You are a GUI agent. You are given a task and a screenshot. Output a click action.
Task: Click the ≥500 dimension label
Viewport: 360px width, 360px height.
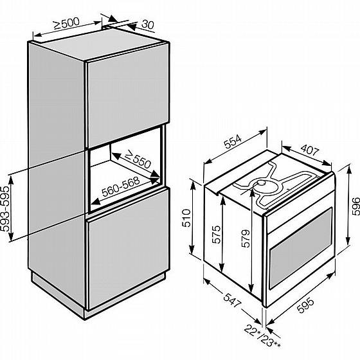(x=66, y=23)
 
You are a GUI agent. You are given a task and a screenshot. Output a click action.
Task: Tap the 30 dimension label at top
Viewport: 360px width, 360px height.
(x=148, y=24)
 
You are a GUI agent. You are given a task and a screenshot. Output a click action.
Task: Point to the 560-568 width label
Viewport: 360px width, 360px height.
(x=121, y=187)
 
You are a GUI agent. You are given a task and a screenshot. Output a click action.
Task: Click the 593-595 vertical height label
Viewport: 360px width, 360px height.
(x=6, y=208)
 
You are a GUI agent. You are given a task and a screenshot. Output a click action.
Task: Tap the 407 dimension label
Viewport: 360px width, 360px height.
(x=310, y=150)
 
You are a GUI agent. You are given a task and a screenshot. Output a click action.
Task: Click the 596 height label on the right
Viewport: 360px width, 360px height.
(x=355, y=206)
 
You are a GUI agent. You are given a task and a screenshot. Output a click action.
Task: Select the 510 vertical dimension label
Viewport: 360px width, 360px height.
(x=186, y=218)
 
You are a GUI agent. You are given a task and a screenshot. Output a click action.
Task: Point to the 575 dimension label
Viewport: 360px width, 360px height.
(x=216, y=235)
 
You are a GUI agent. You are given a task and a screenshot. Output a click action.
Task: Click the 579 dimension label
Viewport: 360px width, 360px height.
(x=246, y=239)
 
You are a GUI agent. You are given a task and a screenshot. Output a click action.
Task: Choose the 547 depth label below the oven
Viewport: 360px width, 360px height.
(x=232, y=300)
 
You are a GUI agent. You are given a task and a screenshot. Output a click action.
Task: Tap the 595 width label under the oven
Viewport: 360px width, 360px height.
(x=305, y=305)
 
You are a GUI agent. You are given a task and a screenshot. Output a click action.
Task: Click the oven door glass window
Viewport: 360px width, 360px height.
(x=301, y=248)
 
